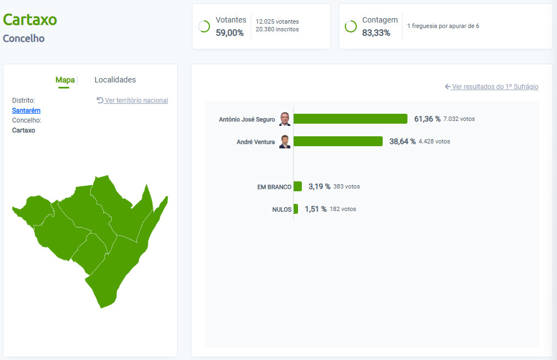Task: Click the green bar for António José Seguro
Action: [x=350, y=119]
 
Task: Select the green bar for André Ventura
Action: [x=338, y=141]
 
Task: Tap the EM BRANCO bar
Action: [x=297, y=186]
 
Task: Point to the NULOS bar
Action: [x=296, y=209]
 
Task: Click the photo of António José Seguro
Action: [x=284, y=119]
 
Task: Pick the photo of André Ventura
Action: [x=284, y=142]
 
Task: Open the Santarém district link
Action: [x=26, y=110]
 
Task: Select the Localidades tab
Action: [x=115, y=80]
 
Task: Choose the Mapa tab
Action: [x=65, y=80]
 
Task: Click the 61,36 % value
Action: [x=427, y=119]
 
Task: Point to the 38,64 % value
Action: [x=402, y=141]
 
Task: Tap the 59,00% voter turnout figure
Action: [x=230, y=33]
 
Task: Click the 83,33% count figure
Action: [x=376, y=33]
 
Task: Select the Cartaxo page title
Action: [x=30, y=20]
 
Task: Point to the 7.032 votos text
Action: [x=459, y=119]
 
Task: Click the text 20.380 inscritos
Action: [x=277, y=30]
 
